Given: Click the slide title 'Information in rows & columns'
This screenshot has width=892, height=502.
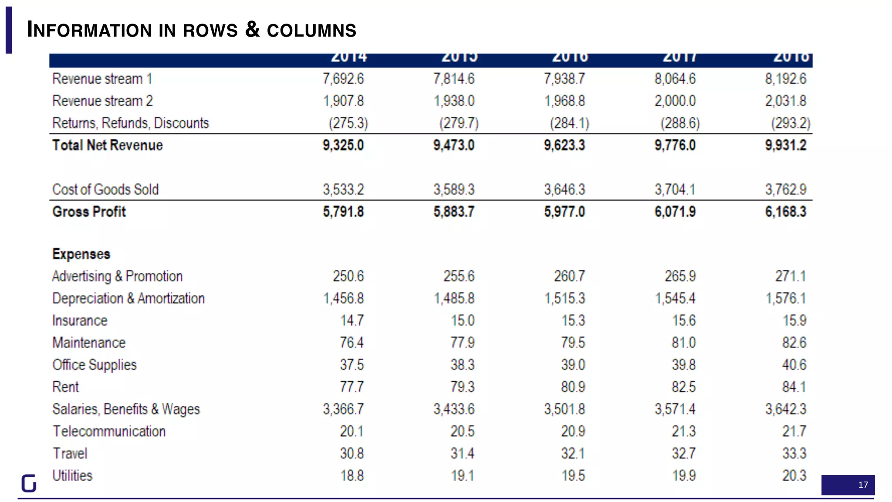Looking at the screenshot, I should (192, 30).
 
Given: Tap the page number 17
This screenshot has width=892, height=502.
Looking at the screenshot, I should (863, 485).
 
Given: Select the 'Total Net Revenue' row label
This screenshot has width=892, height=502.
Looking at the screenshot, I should (108, 145).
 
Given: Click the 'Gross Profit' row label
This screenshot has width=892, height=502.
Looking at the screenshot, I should (89, 212).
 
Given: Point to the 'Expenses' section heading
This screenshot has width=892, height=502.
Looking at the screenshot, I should (81, 254).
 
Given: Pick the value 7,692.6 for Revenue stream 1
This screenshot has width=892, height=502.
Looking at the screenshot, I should (343, 79).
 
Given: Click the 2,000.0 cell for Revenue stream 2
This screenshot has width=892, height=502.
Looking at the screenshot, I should (675, 101).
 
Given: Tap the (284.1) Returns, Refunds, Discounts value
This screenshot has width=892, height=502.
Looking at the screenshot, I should (569, 123).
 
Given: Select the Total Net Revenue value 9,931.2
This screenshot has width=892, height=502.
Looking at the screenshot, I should (786, 145).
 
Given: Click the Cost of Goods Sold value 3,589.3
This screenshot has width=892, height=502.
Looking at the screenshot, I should (454, 190).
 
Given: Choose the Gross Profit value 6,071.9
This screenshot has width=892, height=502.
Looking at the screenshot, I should (675, 212).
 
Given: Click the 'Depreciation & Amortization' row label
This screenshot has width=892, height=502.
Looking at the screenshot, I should (128, 298).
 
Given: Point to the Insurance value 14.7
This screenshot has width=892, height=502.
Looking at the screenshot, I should (352, 321).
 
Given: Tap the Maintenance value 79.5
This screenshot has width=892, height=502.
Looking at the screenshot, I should (573, 343).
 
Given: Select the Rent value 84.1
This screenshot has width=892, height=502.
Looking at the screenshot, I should (794, 387).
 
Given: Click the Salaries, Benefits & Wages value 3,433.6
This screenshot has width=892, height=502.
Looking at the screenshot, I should (454, 409).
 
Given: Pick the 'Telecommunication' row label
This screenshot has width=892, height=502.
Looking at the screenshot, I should (109, 431).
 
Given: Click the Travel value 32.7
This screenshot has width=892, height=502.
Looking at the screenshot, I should (684, 454).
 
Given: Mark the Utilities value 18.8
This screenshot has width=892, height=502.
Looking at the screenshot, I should (352, 476).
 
